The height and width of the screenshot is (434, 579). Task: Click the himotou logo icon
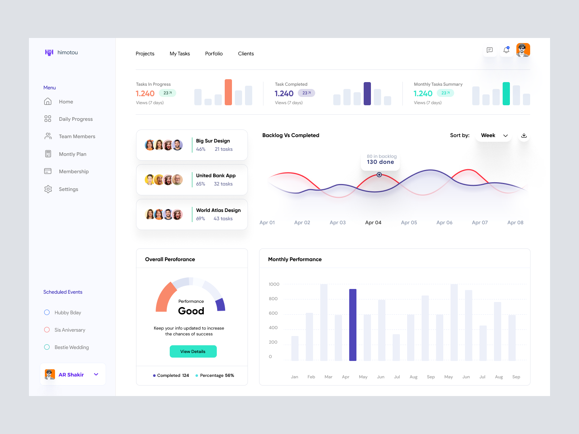(49, 52)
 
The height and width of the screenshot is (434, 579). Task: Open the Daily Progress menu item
(76, 119)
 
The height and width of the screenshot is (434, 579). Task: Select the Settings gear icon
(48, 189)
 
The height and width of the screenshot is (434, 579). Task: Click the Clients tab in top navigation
(246, 54)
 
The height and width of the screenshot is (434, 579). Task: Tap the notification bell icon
(506, 50)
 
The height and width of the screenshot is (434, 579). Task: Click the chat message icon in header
(490, 50)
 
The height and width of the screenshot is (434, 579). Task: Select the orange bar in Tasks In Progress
(228, 92)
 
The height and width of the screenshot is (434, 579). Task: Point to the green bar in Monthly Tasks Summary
(506, 94)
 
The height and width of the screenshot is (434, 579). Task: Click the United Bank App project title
(216, 175)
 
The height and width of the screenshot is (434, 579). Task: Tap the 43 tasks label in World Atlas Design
(223, 218)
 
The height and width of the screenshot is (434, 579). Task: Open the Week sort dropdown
(494, 135)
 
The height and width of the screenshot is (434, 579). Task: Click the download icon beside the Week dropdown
(524, 135)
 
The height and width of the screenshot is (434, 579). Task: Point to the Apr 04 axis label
(373, 222)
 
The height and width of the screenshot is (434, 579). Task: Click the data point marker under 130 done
(379, 175)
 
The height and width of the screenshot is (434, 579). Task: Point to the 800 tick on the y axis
(273, 299)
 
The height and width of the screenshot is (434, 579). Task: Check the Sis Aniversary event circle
(47, 330)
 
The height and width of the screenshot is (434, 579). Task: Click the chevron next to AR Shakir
(96, 374)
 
